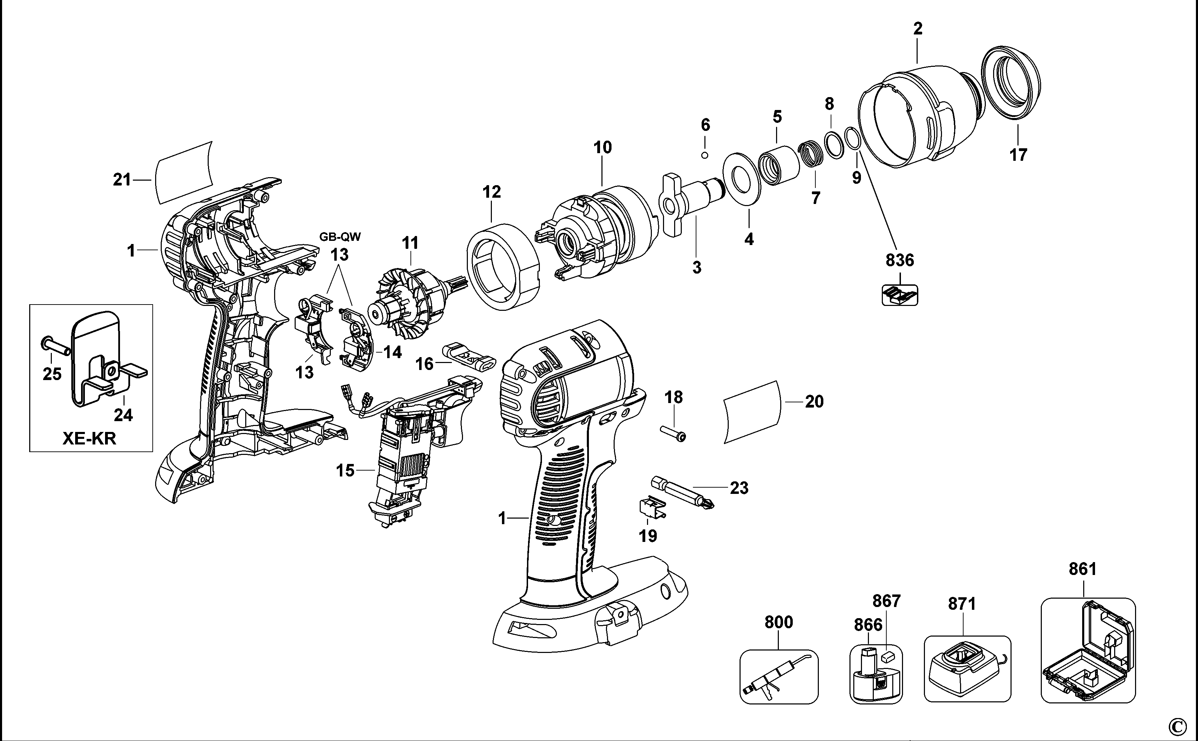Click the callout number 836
click(900, 260)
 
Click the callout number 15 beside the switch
click(345, 471)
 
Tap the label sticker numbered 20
click(751, 412)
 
